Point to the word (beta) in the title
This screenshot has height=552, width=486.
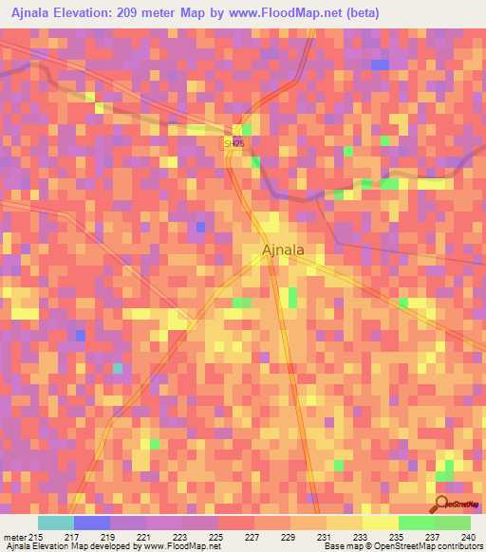coord(409,12)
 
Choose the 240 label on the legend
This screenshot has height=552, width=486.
coord(469,537)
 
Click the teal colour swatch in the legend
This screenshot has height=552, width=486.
coord(56,523)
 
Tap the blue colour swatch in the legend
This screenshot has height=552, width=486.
coord(92,523)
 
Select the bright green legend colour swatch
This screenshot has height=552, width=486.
coord(417,523)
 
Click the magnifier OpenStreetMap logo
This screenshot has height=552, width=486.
coord(441,503)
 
